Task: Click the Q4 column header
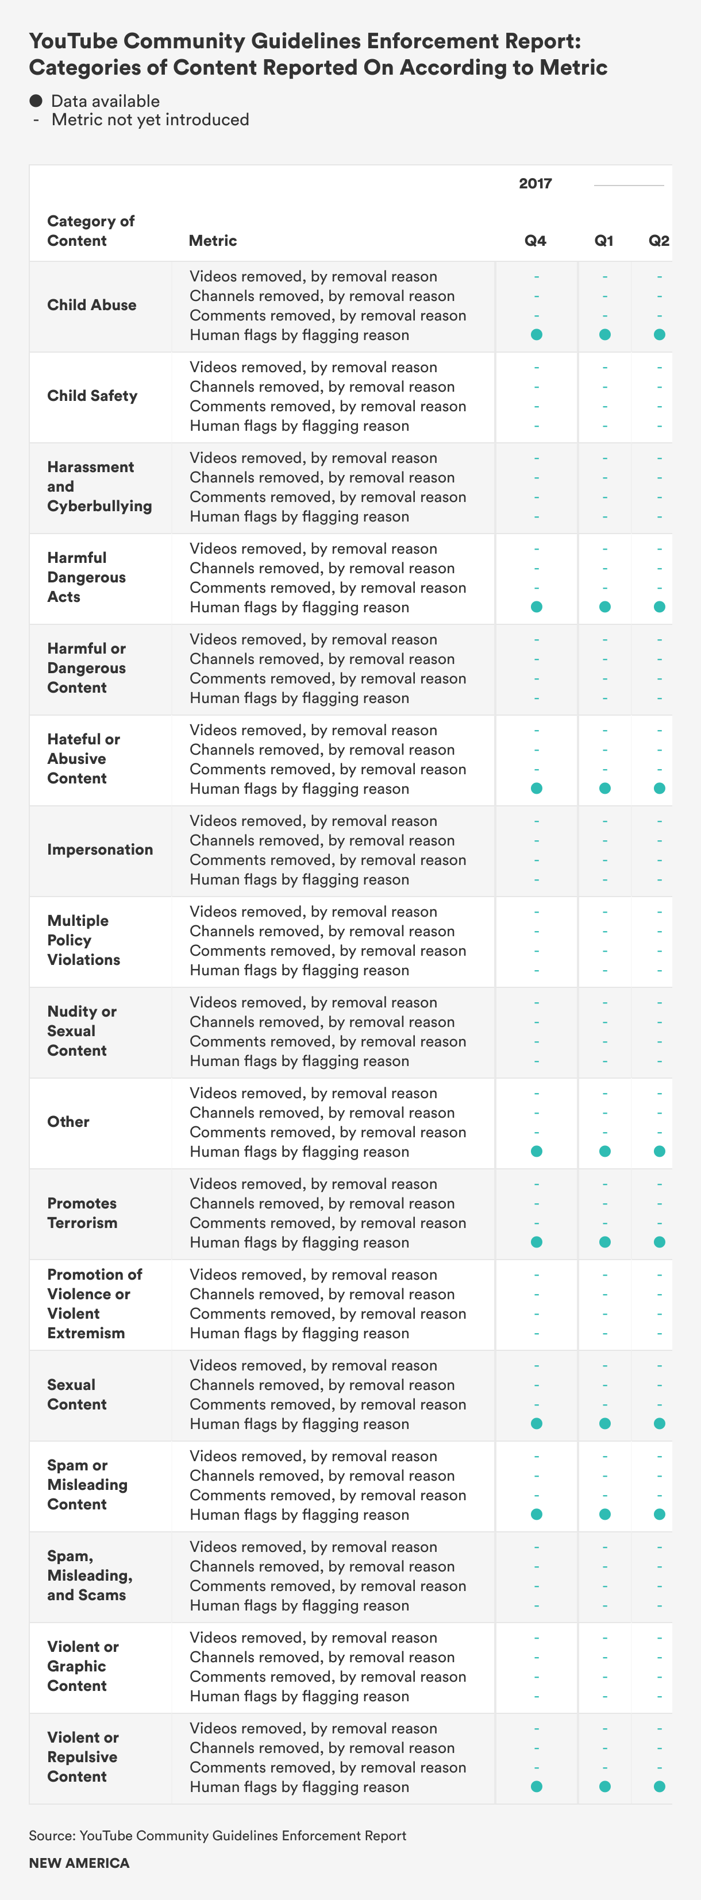pos(535,241)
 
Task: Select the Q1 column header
pos(603,241)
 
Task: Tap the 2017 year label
pos(535,184)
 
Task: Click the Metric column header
pos(213,241)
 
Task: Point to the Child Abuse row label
pos(91,304)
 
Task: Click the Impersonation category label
pos(99,849)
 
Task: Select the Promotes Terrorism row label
pos(82,1212)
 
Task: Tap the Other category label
pos(68,1121)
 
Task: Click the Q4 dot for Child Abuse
pos(537,335)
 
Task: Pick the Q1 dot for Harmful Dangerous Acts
pos(604,607)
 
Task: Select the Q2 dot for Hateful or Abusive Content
pos(659,789)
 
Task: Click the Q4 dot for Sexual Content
pos(537,1423)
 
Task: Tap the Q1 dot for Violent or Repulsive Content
pos(604,1786)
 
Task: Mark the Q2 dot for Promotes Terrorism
pos(659,1242)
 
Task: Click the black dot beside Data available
pos(36,101)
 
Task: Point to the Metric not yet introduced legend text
pos(150,119)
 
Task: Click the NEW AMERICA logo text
pos(79,1863)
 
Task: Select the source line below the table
pos(217,1835)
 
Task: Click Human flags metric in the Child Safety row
pos(299,426)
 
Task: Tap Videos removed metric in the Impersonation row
pos(313,821)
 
